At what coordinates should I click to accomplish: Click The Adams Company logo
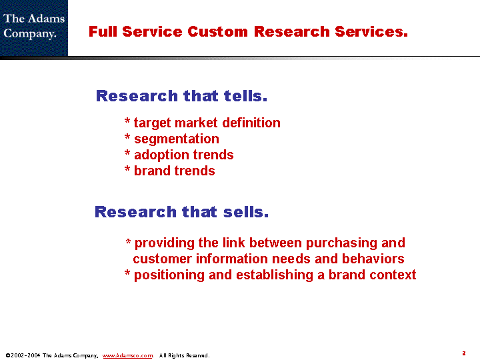click(34, 28)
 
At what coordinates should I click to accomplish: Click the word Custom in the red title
click(217, 31)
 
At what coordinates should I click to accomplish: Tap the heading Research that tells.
click(181, 96)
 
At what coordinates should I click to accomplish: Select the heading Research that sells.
click(181, 212)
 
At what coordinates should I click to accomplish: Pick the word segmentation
click(177, 139)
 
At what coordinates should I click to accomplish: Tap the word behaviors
click(373, 259)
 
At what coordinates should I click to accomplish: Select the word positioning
click(169, 275)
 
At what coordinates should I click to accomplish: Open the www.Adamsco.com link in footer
click(127, 355)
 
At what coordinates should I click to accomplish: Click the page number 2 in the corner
click(464, 353)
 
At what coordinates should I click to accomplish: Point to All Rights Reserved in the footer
click(184, 355)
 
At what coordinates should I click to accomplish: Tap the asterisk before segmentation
click(127, 137)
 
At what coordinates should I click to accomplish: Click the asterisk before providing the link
click(128, 242)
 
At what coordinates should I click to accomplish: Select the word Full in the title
click(103, 31)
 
